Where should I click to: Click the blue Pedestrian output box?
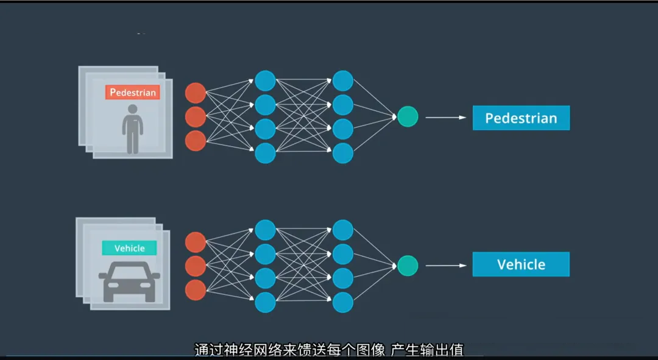click(521, 118)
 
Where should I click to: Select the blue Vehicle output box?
click(521, 264)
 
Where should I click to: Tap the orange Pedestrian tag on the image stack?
click(132, 93)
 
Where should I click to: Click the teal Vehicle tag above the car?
click(129, 248)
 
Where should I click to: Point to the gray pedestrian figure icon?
click(132, 128)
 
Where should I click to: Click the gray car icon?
click(129, 281)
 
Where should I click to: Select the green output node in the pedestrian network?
click(408, 116)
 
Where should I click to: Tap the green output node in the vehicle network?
click(408, 265)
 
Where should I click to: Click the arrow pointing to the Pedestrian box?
click(445, 118)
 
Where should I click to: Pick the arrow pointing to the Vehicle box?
click(445, 266)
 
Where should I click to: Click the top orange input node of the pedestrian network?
click(196, 93)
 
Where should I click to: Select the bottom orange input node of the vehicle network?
click(196, 290)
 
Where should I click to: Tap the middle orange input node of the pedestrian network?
click(196, 116)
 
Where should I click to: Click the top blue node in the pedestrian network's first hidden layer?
click(265, 81)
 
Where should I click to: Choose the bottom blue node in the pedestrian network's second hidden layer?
click(343, 153)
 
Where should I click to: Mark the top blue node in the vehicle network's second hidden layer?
click(343, 230)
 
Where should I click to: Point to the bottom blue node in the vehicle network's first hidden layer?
click(265, 302)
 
